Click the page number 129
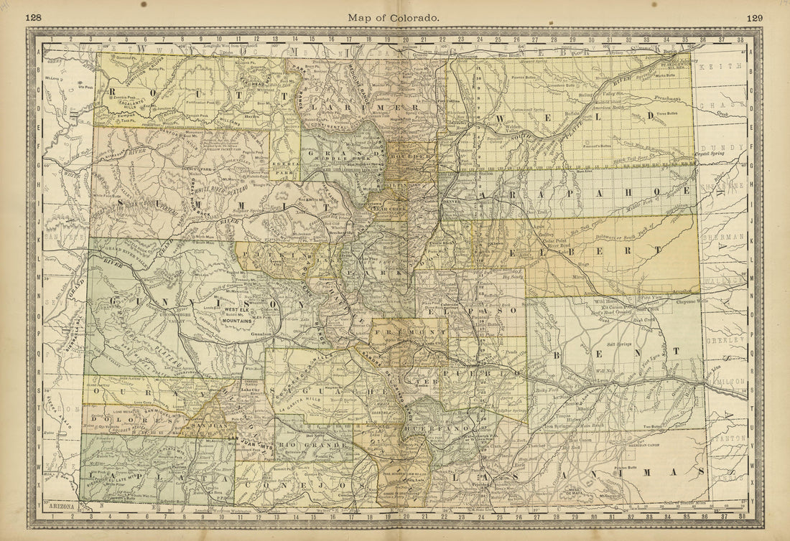click(x=754, y=18)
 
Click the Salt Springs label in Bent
click(x=619, y=344)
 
